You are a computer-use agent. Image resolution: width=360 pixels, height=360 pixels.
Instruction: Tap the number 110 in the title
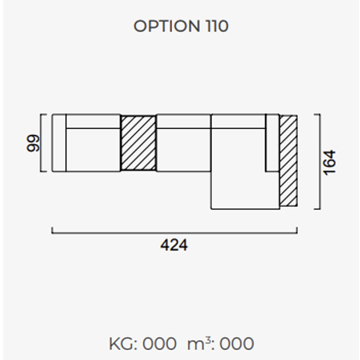coord(217,26)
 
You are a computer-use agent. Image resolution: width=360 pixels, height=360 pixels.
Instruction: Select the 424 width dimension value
coord(174,245)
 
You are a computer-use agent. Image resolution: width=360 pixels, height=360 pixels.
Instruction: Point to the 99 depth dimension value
coord(33,143)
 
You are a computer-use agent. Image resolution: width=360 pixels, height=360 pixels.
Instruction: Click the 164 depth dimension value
coord(329,163)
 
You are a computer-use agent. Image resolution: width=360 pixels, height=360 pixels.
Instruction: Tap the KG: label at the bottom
coord(123,344)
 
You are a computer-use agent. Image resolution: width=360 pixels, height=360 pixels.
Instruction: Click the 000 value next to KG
coord(159,344)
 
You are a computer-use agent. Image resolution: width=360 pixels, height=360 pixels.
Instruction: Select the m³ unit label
coord(199,343)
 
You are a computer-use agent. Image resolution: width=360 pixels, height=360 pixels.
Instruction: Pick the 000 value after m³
coord(236,344)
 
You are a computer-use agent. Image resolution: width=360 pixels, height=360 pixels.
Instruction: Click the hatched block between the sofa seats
coord(138,143)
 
